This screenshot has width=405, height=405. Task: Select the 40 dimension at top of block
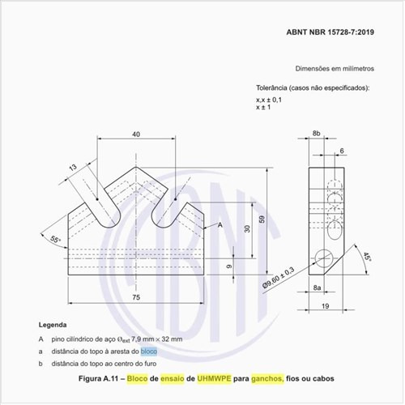(135, 134)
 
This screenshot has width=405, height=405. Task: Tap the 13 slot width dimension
(74, 168)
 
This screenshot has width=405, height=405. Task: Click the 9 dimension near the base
(230, 266)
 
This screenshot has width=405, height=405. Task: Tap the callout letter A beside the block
(220, 224)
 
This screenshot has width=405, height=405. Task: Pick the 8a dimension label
(318, 288)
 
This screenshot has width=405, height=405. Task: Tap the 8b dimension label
(318, 132)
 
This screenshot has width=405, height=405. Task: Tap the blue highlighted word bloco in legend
(149, 352)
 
